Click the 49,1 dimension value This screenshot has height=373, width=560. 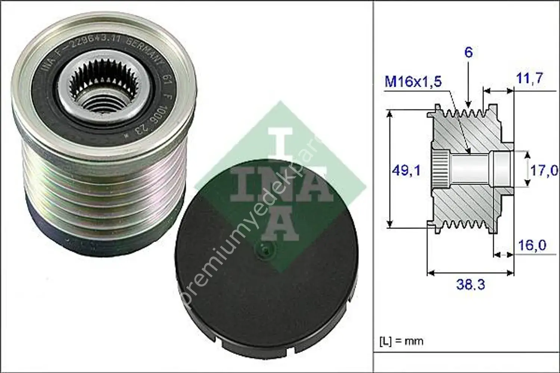(x=406, y=170)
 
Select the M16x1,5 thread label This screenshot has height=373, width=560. (x=413, y=81)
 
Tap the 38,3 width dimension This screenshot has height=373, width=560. (x=470, y=285)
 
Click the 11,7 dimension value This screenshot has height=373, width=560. (x=530, y=78)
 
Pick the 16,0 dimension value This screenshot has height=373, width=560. (x=532, y=245)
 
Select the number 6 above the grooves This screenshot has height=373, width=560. (x=468, y=52)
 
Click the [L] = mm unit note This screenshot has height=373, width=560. (x=401, y=341)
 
